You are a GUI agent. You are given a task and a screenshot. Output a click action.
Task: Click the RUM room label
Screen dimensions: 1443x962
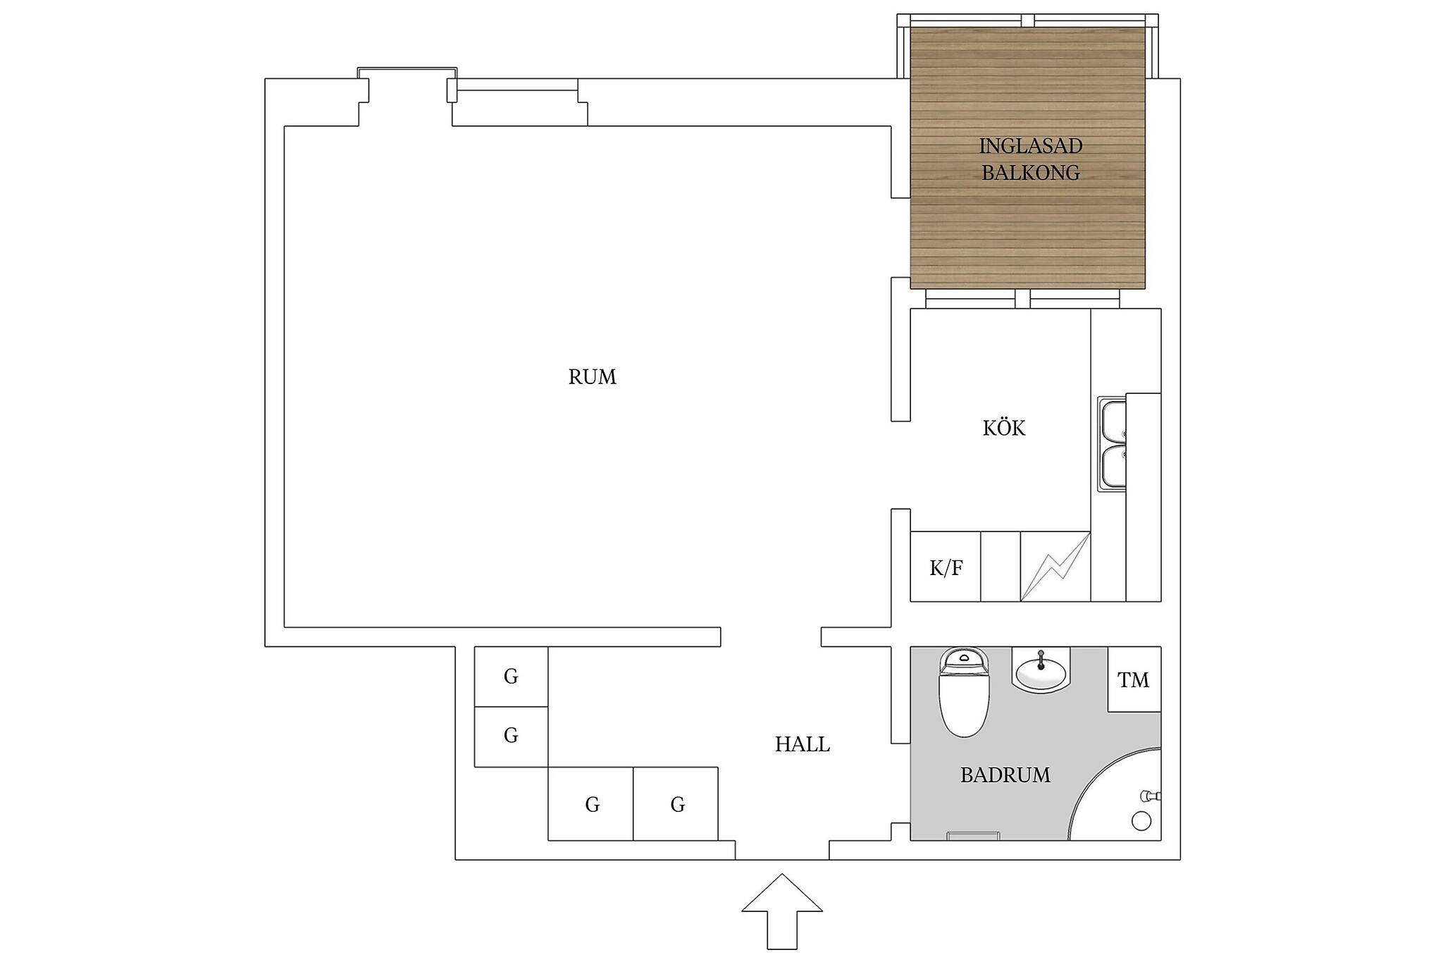pyautogui.click(x=592, y=377)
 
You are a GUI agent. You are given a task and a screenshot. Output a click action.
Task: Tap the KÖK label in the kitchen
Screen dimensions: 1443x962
pyautogui.click(x=1004, y=427)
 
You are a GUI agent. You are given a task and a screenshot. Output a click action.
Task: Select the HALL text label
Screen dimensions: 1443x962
pyautogui.click(x=803, y=744)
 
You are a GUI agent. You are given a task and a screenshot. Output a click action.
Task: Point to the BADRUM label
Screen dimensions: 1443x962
pyautogui.click(x=1005, y=775)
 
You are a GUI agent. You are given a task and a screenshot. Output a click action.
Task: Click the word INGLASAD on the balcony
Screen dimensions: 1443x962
pyautogui.click(x=1030, y=146)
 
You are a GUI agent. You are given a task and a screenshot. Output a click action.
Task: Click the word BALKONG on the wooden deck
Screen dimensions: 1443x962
pyautogui.click(x=1031, y=173)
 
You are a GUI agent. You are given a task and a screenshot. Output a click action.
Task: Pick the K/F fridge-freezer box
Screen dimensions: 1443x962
pyautogui.click(x=946, y=567)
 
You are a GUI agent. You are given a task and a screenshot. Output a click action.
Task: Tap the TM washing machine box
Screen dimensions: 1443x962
pyautogui.click(x=1134, y=679)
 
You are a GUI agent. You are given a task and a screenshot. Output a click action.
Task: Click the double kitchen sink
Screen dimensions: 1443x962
pyautogui.click(x=1112, y=444)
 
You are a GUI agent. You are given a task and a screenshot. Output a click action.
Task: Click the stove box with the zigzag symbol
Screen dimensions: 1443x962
pyautogui.click(x=1055, y=567)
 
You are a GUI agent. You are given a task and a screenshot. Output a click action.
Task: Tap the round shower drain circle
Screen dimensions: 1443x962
pyautogui.click(x=1141, y=821)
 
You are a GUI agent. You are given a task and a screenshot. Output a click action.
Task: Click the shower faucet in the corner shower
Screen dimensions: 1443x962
pyautogui.click(x=1151, y=796)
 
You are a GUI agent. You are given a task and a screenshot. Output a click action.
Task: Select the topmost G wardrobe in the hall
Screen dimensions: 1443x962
pyautogui.click(x=511, y=677)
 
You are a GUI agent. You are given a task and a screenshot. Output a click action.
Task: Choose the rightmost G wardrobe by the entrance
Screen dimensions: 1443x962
pyautogui.click(x=676, y=803)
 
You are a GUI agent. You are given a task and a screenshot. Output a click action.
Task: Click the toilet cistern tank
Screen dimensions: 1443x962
pyautogui.click(x=964, y=660)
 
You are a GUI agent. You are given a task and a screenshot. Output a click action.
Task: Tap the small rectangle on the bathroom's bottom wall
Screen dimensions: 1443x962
pyautogui.click(x=973, y=836)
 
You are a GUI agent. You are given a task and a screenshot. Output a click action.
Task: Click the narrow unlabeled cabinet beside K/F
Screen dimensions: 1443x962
pyautogui.click(x=1001, y=567)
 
